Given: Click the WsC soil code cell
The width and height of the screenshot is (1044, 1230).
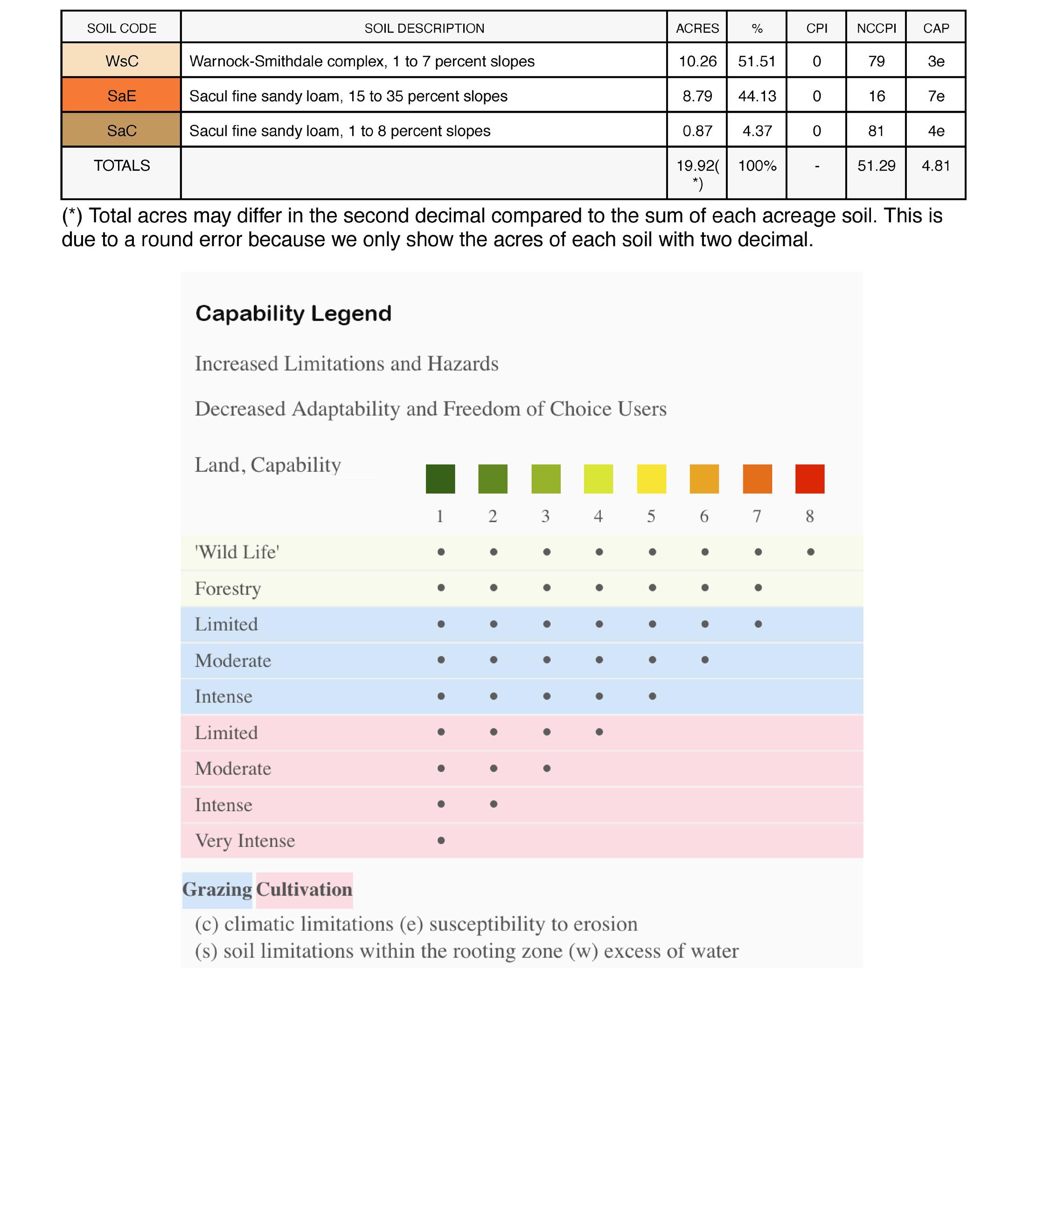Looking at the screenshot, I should click(x=121, y=61).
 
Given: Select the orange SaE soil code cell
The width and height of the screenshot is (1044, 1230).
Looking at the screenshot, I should click(x=121, y=96).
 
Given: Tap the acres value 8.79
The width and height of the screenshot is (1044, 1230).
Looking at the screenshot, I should click(x=697, y=96).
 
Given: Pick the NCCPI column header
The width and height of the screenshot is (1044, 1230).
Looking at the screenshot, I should click(x=876, y=28).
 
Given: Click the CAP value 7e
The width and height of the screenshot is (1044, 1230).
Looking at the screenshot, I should click(x=936, y=96).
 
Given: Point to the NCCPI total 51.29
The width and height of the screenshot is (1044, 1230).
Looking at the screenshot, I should click(x=876, y=166).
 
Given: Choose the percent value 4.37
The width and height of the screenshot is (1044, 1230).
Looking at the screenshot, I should click(x=757, y=131).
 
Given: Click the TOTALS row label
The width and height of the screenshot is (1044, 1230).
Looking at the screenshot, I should click(x=121, y=166).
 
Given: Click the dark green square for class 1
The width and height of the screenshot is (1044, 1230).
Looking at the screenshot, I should click(x=440, y=479).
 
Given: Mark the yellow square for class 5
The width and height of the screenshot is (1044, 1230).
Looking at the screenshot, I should click(x=651, y=479).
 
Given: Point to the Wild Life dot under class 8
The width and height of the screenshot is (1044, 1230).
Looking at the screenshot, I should click(x=810, y=552).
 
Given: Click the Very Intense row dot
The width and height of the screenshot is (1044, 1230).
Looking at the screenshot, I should click(x=441, y=840).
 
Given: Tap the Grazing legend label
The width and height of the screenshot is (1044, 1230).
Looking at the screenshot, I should click(x=217, y=889).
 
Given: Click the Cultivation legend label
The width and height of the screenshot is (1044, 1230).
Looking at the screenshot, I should click(x=304, y=889).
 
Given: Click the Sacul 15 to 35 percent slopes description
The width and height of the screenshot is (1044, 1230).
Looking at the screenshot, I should click(x=348, y=96).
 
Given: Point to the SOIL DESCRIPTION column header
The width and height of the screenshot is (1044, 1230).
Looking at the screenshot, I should click(x=424, y=28).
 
